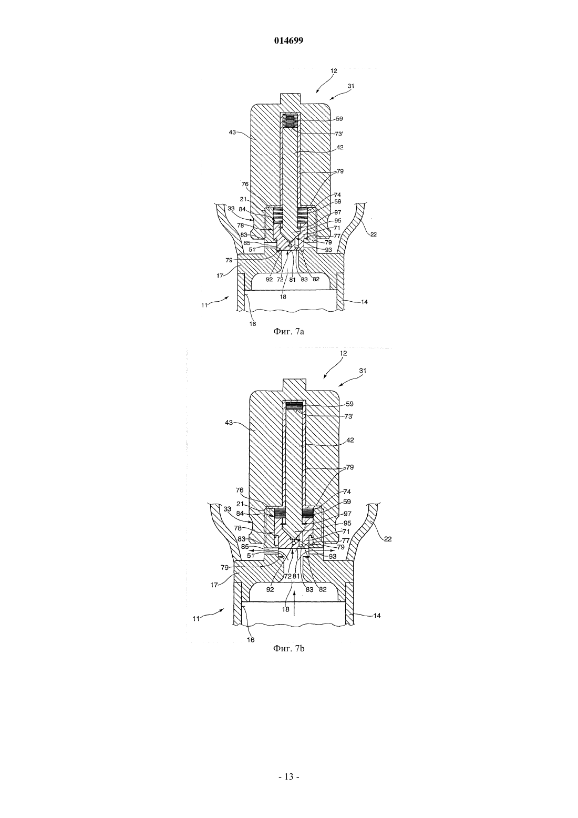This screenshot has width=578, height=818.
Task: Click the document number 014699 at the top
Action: (x=288, y=41)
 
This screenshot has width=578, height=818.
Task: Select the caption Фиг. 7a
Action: (x=288, y=332)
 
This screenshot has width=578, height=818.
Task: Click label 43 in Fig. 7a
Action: (x=232, y=132)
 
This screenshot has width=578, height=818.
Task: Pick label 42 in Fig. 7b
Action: (x=349, y=441)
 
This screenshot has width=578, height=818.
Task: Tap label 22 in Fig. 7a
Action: (x=373, y=234)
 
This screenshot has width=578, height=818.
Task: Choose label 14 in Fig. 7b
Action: (x=377, y=615)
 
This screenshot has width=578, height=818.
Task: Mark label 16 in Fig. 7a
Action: (x=253, y=323)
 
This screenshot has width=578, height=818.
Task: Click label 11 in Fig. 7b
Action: (x=197, y=619)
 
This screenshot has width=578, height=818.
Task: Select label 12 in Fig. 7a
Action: (x=334, y=71)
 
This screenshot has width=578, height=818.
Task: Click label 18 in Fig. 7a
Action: (x=283, y=296)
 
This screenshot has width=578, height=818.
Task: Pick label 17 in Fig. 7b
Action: (x=214, y=585)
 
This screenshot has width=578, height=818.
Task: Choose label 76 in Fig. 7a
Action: (x=244, y=185)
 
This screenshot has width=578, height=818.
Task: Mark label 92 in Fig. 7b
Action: (x=270, y=589)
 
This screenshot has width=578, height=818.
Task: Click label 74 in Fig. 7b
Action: (x=347, y=492)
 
